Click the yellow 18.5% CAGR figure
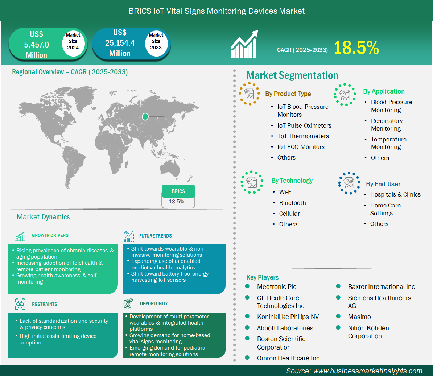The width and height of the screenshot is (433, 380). click(x=356, y=47)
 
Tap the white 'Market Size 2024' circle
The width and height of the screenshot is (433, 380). click(x=73, y=41)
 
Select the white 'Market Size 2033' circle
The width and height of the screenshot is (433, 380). click(x=156, y=41)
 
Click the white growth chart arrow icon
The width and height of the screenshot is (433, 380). click(x=244, y=44)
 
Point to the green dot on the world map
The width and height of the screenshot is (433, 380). click(x=145, y=116)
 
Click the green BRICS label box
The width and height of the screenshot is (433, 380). click(x=178, y=191)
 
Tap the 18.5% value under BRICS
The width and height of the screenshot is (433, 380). click(x=177, y=202)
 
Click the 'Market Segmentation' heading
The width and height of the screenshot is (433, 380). click(x=292, y=75)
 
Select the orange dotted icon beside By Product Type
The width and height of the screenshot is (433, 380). click(x=250, y=94)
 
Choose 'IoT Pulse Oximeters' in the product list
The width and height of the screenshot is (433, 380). click(x=304, y=126)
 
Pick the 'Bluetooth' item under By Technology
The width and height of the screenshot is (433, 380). click(x=292, y=203)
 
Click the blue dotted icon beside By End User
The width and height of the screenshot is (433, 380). click(x=349, y=183)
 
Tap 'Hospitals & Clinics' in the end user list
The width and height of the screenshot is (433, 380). click(x=395, y=194)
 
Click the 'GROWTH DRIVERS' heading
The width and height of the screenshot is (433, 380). click(x=50, y=236)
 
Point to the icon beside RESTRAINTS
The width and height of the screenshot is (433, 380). click(x=20, y=304)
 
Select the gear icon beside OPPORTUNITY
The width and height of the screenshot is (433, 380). click(x=128, y=303)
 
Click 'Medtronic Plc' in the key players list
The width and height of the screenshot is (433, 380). click(x=276, y=287)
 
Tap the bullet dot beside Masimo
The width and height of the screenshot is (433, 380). click(x=338, y=317)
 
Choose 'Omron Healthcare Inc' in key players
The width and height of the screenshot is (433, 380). click(x=288, y=358)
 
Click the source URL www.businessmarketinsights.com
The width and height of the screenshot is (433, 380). click(x=368, y=371)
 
